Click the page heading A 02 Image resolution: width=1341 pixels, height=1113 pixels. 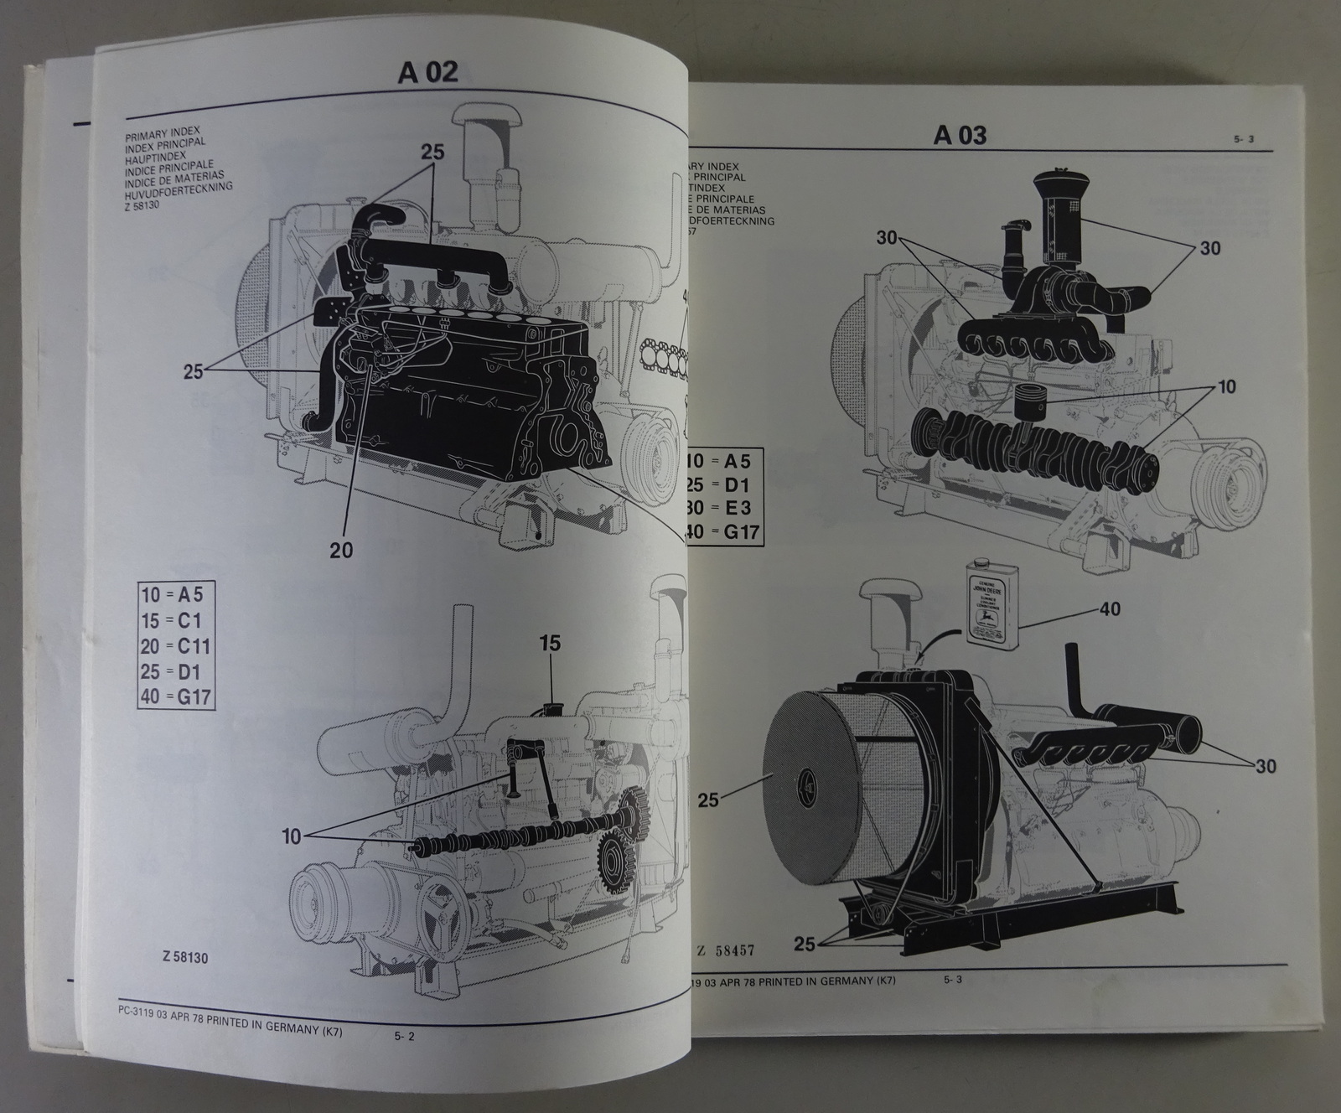point(428,72)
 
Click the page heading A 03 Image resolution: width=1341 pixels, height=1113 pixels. point(960,135)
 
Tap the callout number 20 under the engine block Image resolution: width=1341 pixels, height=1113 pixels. point(341,550)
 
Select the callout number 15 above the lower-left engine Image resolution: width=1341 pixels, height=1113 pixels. point(550,644)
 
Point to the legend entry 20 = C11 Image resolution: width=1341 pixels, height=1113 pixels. point(176,646)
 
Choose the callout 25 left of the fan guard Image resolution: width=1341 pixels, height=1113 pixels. point(707,800)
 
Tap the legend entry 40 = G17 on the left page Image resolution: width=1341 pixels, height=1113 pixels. point(176,696)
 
